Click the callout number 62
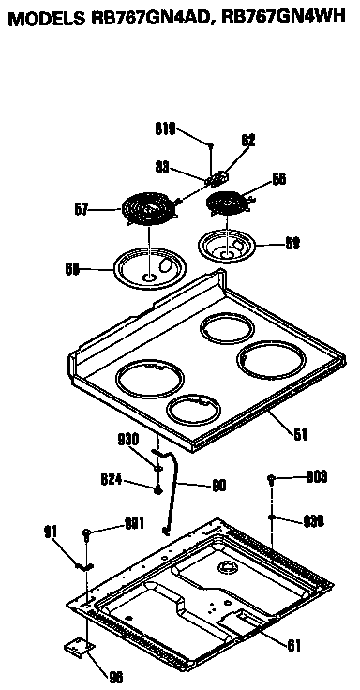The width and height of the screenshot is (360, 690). [248, 141]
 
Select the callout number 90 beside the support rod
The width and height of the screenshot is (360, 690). [218, 485]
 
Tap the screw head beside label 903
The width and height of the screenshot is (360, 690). [270, 478]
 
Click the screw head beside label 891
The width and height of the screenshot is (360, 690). [86, 532]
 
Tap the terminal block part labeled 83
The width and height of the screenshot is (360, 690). [219, 175]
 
